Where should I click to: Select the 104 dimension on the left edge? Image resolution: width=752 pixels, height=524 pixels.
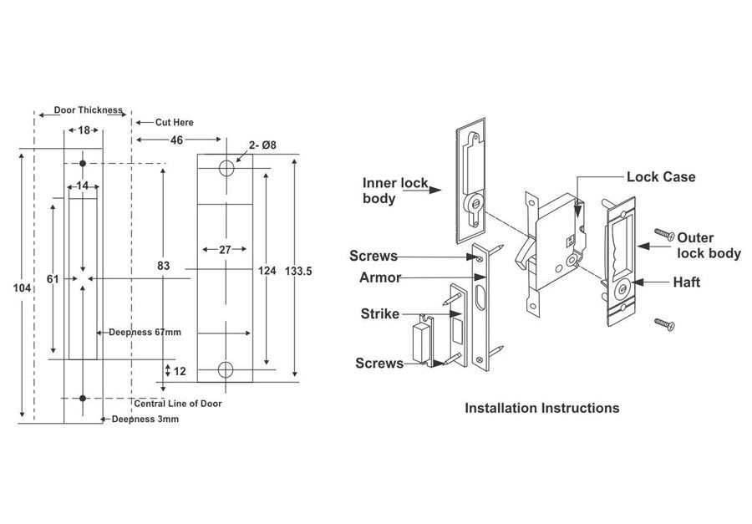pyautogui.click(x=23, y=287)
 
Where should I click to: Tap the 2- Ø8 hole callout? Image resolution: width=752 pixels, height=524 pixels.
pyautogui.click(x=262, y=145)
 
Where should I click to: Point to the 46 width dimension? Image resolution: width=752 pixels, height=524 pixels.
pyautogui.click(x=177, y=140)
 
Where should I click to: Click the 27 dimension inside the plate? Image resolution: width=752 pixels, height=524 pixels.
pyautogui.click(x=225, y=249)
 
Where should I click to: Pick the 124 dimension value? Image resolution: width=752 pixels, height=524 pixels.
pyautogui.click(x=267, y=270)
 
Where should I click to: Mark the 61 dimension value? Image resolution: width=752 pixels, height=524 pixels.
pyautogui.click(x=53, y=279)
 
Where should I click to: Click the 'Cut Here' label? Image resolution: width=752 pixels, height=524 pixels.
pyautogui.click(x=174, y=122)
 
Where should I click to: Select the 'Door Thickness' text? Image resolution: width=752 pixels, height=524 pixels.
pyautogui.click(x=88, y=109)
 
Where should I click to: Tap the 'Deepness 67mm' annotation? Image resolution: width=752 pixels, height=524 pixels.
pyautogui.click(x=145, y=332)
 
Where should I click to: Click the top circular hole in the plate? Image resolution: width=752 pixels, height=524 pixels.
pyautogui.click(x=226, y=168)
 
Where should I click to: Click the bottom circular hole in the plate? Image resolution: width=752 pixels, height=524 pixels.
pyautogui.click(x=226, y=369)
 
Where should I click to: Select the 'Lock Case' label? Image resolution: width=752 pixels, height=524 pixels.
pyautogui.click(x=660, y=177)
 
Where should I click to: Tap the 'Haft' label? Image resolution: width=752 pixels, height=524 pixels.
pyautogui.click(x=686, y=282)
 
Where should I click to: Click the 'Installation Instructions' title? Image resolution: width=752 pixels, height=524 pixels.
pyautogui.click(x=541, y=408)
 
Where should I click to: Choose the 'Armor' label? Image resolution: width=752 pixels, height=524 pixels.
pyautogui.click(x=380, y=277)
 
